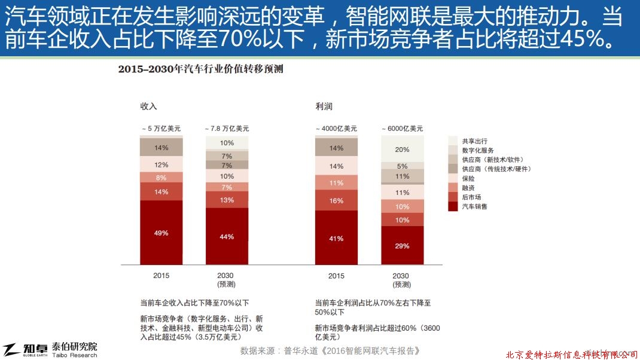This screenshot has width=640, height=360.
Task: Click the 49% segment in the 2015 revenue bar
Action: (161, 233)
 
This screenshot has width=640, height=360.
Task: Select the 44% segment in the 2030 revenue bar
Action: (227, 236)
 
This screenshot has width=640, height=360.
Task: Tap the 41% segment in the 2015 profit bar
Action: (336, 239)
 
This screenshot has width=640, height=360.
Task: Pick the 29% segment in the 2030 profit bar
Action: (402, 245)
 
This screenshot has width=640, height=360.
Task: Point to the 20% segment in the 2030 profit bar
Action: (402, 150)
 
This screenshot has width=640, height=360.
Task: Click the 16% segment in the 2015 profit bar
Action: (336, 200)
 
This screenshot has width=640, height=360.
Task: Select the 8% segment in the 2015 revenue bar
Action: (161, 177)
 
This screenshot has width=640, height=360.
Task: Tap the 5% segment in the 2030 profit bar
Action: (402, 166)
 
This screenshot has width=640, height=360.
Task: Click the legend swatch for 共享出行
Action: (453, 140)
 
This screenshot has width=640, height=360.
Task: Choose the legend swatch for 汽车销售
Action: (453, 206)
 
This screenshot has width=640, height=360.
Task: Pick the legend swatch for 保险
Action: (453, 178)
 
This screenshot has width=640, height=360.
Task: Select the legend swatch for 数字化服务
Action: (453, 150)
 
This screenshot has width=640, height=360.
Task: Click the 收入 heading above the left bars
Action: (148, 106)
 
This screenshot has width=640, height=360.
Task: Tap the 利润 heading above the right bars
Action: (324, 106)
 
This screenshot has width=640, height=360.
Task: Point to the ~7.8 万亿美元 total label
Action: (227, 129)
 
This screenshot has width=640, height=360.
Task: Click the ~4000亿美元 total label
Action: (336, 129)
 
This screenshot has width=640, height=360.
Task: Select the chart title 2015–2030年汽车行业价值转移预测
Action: (200, 69)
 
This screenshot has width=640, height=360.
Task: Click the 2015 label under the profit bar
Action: (336, 276)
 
